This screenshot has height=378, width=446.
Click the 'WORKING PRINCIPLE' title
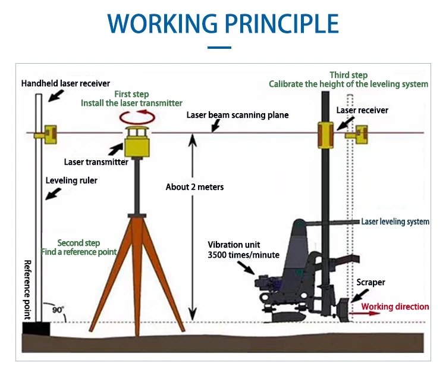click(222, 23)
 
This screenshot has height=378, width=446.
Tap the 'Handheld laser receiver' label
click(65, 83)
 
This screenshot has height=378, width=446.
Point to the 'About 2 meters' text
click(194, 187)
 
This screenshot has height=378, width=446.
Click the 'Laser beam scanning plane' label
click(237, 115)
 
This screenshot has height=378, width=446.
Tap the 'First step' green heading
click(131, 94)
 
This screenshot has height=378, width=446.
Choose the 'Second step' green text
click(78, 243)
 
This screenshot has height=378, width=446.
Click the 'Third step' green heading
click(348, 75)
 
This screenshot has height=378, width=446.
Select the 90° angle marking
click(58, 310)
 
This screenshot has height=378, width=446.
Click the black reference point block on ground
click(36, 327)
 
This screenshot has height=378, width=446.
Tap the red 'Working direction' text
click(395, 307)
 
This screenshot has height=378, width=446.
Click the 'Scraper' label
click(370, 282)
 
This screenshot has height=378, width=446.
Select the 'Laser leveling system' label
click(395, 221)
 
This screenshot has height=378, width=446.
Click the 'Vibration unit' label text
click(234, 245)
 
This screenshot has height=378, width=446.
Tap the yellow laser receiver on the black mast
click(325, 135)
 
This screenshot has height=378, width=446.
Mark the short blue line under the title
click(219, 47)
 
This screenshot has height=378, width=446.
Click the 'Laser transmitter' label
click(96, 161)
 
